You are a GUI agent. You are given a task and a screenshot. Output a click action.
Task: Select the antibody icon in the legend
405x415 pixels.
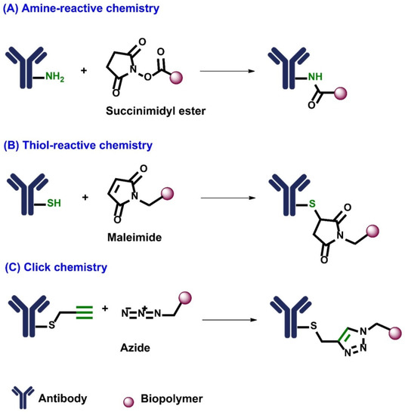[x=20, y=397]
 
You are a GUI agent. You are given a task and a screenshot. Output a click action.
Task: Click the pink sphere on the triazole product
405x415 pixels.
[x=395, y=332]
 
